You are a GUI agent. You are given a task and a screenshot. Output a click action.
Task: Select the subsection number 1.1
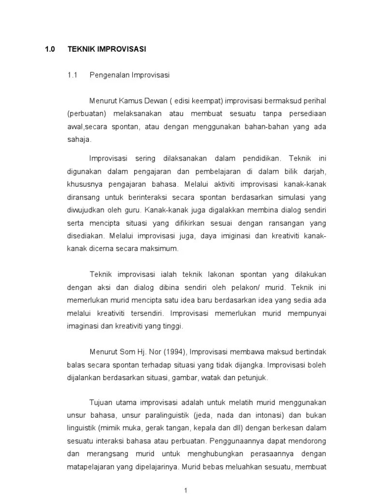coord(72,75)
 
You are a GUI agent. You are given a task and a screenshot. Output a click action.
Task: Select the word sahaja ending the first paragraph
coord(79,140)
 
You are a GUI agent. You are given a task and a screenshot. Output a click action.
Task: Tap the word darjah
coord(315,171)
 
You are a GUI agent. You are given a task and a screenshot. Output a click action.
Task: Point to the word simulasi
coord(294,197)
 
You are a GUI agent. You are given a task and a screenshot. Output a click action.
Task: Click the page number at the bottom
coord(185,489)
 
